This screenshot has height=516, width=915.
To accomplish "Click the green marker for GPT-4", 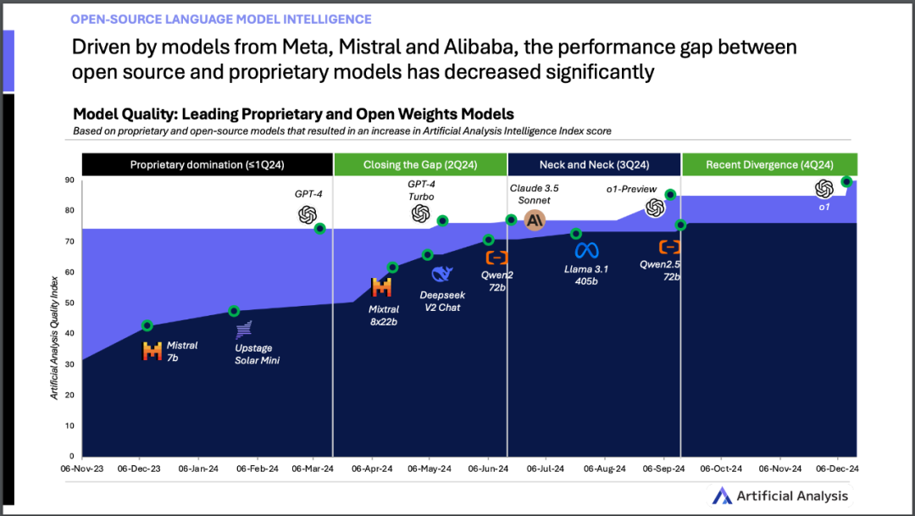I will (x=319, y=228).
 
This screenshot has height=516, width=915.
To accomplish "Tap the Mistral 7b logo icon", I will (x=152, y=351).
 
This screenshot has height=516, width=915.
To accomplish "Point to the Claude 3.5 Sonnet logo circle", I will (x=535, y=220).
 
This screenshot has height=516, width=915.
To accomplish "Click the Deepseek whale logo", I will (x=441, y=275).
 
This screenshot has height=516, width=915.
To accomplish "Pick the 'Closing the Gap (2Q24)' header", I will (x=419, y=164).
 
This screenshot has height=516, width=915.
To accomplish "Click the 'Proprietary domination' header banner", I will (x=207, y=164).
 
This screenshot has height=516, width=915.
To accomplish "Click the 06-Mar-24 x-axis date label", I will (x=313, y=468).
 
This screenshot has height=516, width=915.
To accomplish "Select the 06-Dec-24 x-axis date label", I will (x=837, y=468).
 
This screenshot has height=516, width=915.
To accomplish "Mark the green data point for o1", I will (x=846, y=181).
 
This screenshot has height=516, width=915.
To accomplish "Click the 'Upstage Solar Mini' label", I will (x=257, y=355).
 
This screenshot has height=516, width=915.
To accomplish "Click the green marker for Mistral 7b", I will (x=147, y=325).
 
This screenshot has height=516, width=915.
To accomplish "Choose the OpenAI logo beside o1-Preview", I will (x=655, y=208).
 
